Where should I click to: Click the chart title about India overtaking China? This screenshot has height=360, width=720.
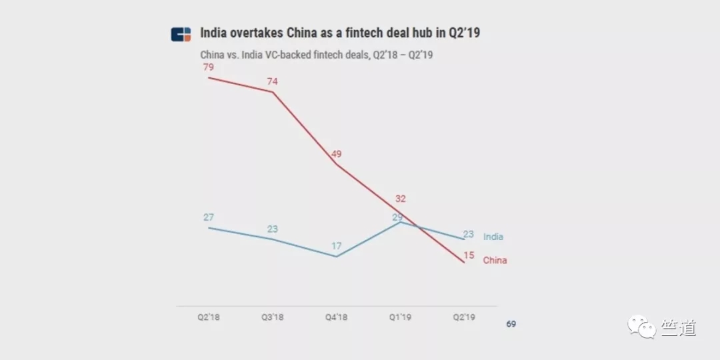click(340, 33)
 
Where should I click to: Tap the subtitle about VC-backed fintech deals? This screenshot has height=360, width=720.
click(317, 55)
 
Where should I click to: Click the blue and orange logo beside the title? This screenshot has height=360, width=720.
click(181, 35)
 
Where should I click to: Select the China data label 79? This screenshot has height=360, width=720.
click(209, 67)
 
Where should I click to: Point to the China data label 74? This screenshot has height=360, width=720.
click(273, 82)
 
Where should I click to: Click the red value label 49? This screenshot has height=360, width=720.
click(337, 154)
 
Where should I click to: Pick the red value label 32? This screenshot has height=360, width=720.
click(401, 199)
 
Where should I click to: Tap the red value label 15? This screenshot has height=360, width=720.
click(469, 255)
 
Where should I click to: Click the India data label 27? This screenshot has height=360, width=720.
click(209, 217)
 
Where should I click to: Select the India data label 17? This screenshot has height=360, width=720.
click(337, 246)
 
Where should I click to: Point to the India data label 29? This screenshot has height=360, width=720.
click(397, 217)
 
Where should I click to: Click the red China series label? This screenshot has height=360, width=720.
click(495, 261)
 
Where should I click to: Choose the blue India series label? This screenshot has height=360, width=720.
click(493, 237)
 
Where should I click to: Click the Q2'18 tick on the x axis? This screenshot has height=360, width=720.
click(209, 317)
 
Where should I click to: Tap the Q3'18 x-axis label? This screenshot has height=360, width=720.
click(272, 317)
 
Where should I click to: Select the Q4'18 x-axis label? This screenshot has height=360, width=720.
click(336, 317)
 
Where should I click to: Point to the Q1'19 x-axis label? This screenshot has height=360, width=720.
click(401, 317)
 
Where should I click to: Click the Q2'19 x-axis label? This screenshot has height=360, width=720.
click(464, 317)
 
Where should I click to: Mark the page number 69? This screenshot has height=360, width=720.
click(511, 324)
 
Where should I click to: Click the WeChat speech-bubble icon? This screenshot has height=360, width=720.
click(642, 327)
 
